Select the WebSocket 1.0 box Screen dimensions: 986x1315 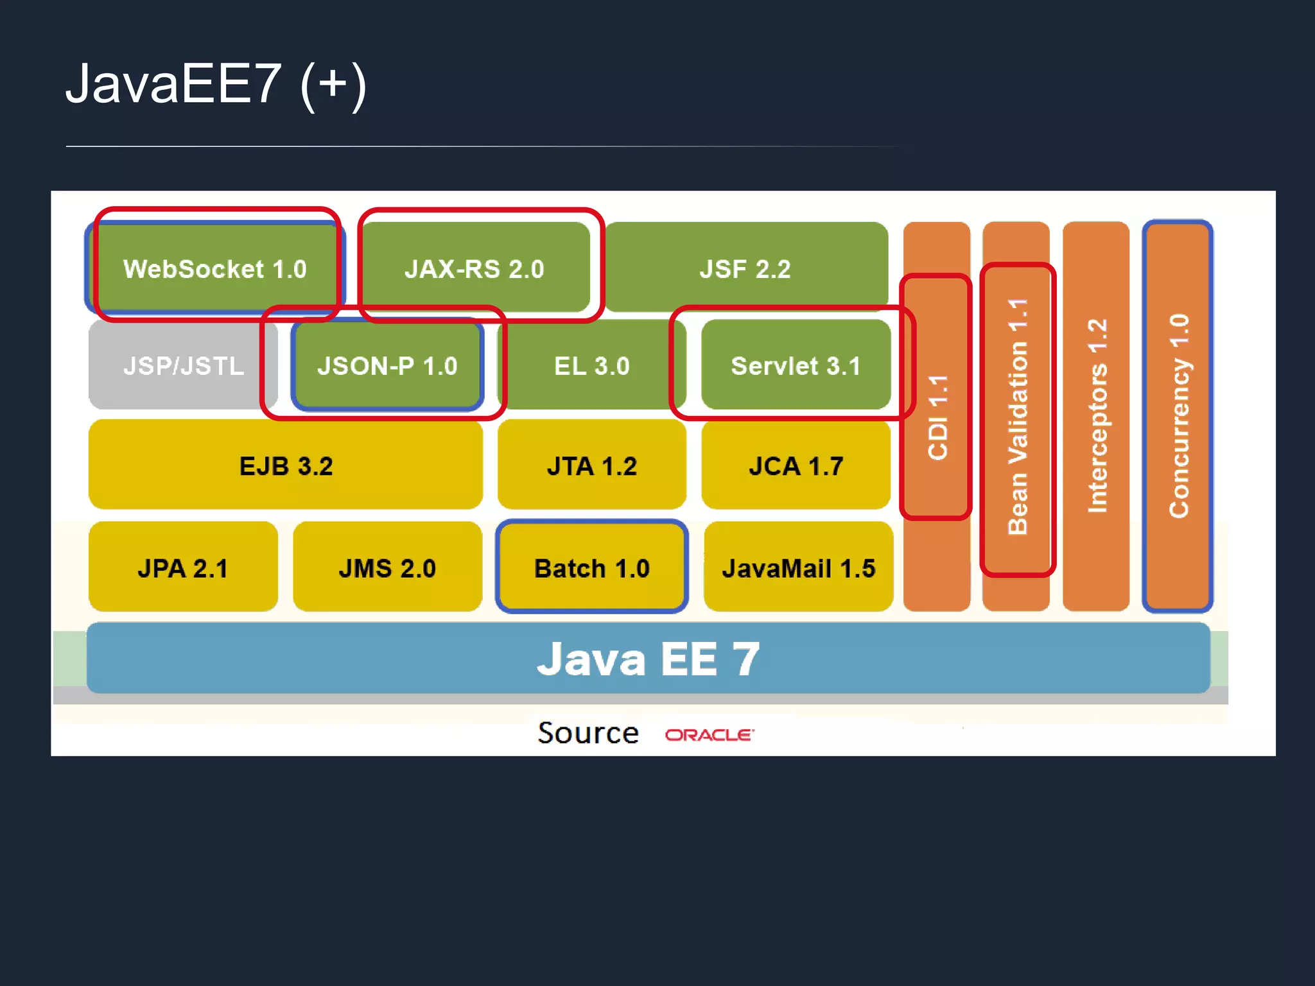pyautogui.click(x=215, y=268)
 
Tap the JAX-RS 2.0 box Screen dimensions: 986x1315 pyautogui.click(x=475, y=268)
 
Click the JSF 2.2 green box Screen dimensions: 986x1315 pyautogui.click(x=745, y=268)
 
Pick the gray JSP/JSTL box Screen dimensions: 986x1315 pyautogui.click(x=183, y=365)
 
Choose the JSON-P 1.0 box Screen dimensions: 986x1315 pyautogui.click(x=387, y=365)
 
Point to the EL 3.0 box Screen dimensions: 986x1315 pyautogui.click(x=591, y=365)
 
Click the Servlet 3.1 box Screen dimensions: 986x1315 pyautogui.click(x=796, y=365)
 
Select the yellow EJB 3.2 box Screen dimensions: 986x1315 pyautogui.click(x=286, y=465)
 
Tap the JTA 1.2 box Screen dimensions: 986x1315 pyautogui.click(x=591, y=465)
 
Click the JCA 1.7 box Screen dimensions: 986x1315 pyautogui.click(x=796, y=465)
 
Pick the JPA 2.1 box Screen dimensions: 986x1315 pyautogui.click(x=183, y=568)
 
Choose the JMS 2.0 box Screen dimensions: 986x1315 pyautogui.click(x=387, y=568)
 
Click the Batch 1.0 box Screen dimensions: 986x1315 pyautogui.click(x=591, y=568)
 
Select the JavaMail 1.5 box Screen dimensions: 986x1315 pyautogui.click(x=798, y=568)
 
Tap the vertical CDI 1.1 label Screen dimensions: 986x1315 pyautogui.click(x=937, y=417)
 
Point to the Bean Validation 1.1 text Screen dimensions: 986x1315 pyautogui.click(x=1018, y=417)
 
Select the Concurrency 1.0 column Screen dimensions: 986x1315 pyautogui.click(x=1178, y=416)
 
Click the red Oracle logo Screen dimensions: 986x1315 pyautogui.click(x=710, y=734)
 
